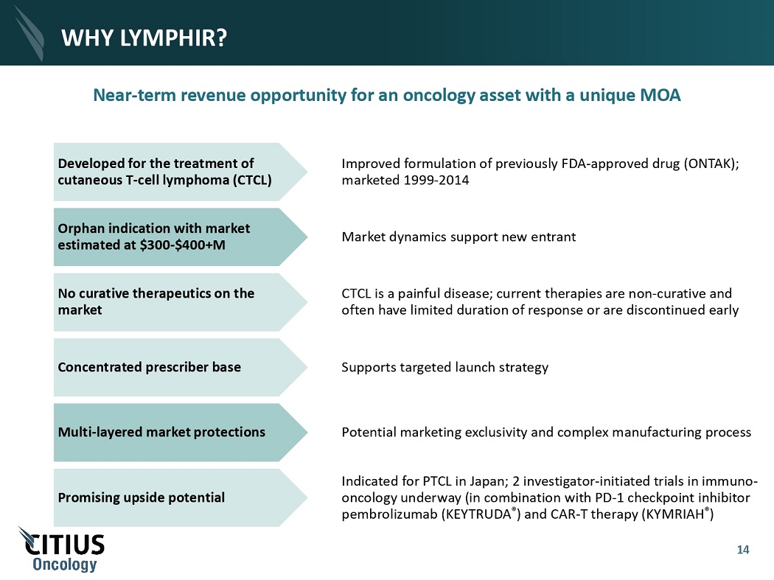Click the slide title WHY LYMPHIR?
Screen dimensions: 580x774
143,36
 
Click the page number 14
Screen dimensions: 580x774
743,550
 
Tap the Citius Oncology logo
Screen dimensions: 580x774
63,549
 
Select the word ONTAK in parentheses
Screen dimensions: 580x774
711,164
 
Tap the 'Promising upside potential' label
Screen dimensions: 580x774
142,497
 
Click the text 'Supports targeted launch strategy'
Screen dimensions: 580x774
444,367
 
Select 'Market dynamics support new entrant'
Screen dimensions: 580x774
459,237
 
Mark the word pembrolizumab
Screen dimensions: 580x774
389,514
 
